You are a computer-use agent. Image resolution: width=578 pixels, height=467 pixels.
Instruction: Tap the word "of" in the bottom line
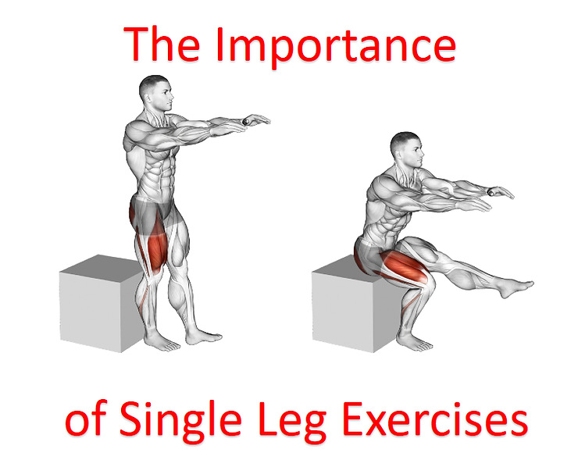click(x=82, y=421)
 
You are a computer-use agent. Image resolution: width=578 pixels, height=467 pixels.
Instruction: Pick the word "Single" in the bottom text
click(x=179, y=422)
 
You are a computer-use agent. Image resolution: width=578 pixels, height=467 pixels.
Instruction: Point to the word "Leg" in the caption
click(x=296, y=422)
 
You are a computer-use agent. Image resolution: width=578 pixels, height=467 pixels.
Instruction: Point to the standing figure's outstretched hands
click(x=254, y=120)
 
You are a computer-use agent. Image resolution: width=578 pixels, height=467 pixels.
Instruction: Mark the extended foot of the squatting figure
click(x=519, y=288)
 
